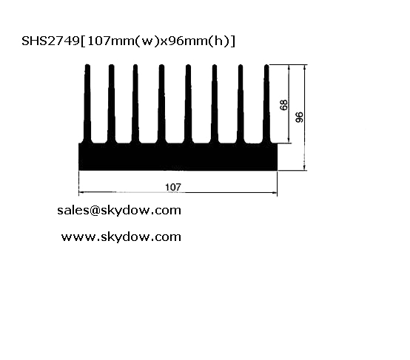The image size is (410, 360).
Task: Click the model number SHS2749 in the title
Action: tap(50, 41)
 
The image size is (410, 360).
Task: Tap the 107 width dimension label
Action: tap(173, 187)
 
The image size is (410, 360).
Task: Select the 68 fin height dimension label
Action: tap(283, 105)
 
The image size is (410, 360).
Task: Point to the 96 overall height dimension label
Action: tap(299, 117)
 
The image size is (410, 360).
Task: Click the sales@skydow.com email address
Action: tap(119, 210)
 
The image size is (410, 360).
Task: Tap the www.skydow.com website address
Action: tap(121, 237)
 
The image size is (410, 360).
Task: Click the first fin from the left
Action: tap(87, 103)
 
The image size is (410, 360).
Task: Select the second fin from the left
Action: tap(112, 103)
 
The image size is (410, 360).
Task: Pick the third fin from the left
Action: tap(135, 103)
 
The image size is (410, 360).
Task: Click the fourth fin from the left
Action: tap(161, 103)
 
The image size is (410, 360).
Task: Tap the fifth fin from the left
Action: tap(188, 103)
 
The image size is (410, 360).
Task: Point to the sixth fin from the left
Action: tap(215, 103)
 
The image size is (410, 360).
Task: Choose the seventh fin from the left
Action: tap(241, 103)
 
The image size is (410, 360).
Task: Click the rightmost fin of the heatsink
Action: tap(266, 103)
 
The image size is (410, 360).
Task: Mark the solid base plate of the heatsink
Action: tap(178, 157)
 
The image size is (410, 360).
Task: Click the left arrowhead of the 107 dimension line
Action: tap(81, 192)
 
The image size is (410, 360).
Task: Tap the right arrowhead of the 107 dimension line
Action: tap(275, 192)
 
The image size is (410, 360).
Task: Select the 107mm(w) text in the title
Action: tap(122, 41)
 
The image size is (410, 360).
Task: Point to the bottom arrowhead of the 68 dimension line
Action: tap(289, 140)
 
